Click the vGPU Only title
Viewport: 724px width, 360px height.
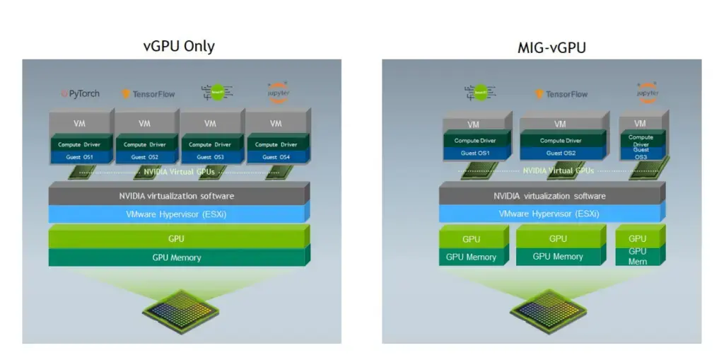point(178,47)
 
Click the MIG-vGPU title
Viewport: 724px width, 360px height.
point(542,47)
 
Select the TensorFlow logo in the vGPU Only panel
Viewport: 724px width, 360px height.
point(148,93)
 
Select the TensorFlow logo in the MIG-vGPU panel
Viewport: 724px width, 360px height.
point(561,94)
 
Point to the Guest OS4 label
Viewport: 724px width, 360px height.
point(276,157)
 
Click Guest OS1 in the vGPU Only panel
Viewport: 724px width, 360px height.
point(78,157)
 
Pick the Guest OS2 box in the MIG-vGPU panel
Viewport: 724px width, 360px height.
point(561,153)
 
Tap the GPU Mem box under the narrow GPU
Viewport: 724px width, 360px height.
point(638,256)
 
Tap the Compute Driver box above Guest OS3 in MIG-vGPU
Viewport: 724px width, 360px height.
point(641,140)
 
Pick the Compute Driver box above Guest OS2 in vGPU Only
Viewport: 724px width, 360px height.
point(144,144)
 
